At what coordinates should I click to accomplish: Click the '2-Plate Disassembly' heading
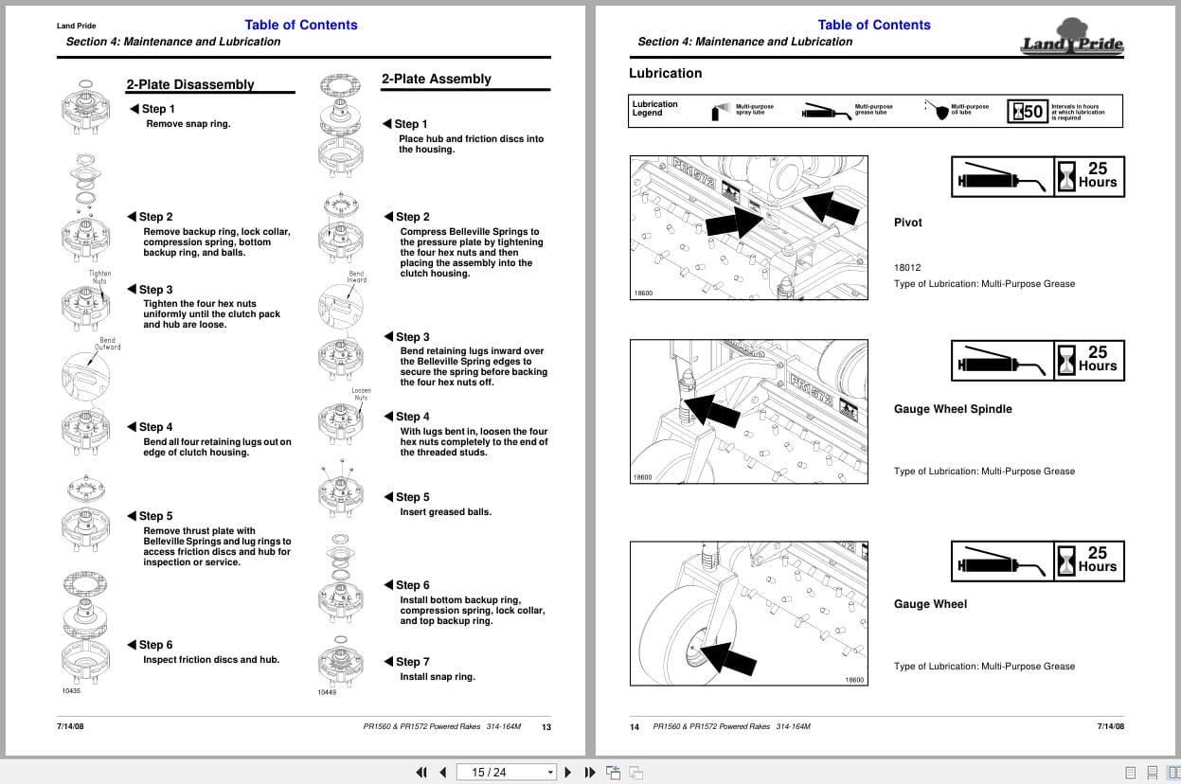tap(190, 84)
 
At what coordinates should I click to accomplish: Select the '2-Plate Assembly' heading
tap(436, 80)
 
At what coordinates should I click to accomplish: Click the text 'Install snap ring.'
tap(438, 677)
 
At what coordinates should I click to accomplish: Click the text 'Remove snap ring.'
tap(188, 124)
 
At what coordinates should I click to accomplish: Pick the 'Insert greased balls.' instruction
tap(445, 512)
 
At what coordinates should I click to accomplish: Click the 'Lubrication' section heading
tap(666, 74)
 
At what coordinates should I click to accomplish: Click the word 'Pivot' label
tap(907, 223)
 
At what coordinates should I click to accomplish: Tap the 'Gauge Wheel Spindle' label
tap(953, 409)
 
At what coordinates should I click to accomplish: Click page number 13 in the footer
tap(546, 727)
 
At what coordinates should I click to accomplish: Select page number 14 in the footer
tap(635, 727)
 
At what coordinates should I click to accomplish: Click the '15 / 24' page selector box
tap(506, 773)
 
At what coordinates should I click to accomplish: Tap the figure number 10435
tap(71, 691)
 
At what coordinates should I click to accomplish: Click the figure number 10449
tap(327, 692)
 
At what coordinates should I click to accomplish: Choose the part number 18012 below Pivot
tap(907, 268)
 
